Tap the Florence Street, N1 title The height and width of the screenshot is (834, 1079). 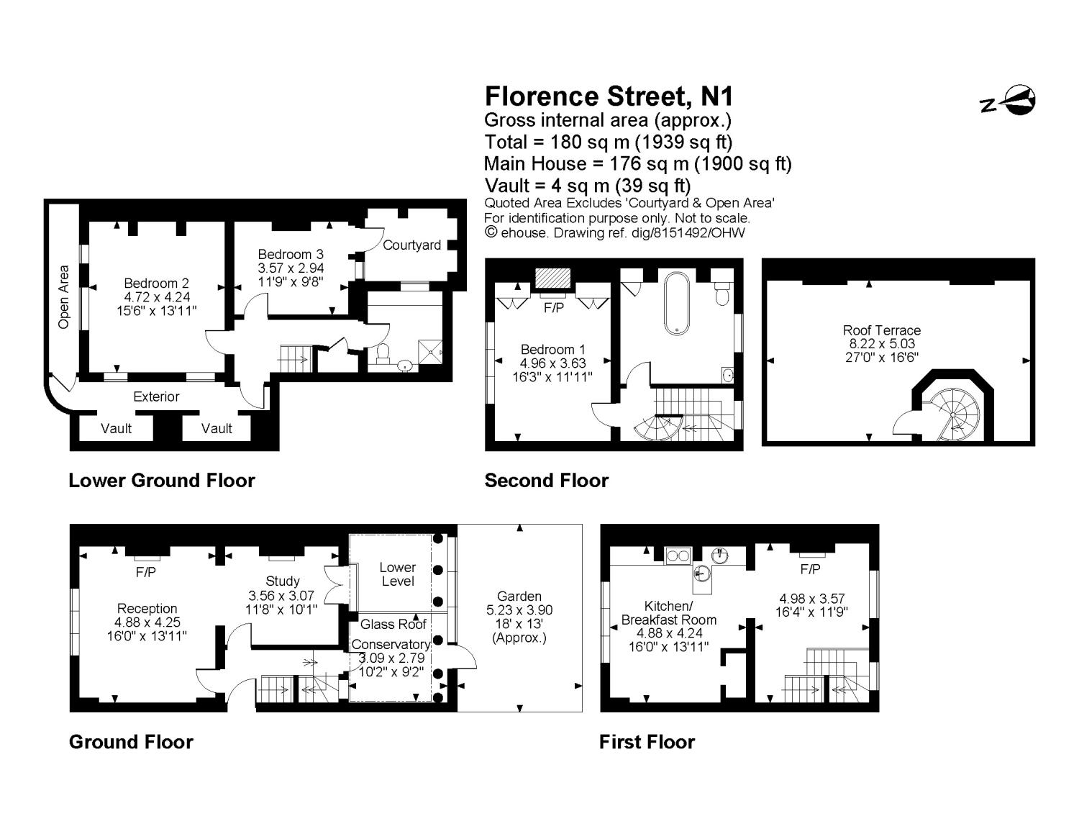pos(609,96)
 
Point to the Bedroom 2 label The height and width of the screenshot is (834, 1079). pos(156,283)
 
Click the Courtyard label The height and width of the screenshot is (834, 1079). pos(411,245)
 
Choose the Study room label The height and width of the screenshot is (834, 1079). pos(283,581)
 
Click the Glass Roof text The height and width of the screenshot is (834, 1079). pos(393,624)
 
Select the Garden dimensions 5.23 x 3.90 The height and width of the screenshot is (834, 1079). pos(519,610)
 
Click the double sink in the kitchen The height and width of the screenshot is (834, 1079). pos(678,556)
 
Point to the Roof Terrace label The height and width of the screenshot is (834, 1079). pos(881,330)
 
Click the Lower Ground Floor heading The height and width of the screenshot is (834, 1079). pos(162,481)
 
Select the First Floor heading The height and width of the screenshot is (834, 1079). pos(647,742)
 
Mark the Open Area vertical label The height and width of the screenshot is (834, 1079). pos(63,297)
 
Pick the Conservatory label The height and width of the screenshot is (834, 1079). pos(391,644)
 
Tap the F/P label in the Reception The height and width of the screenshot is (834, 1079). pos(146,573)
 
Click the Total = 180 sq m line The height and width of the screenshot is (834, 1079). pos(609,142)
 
